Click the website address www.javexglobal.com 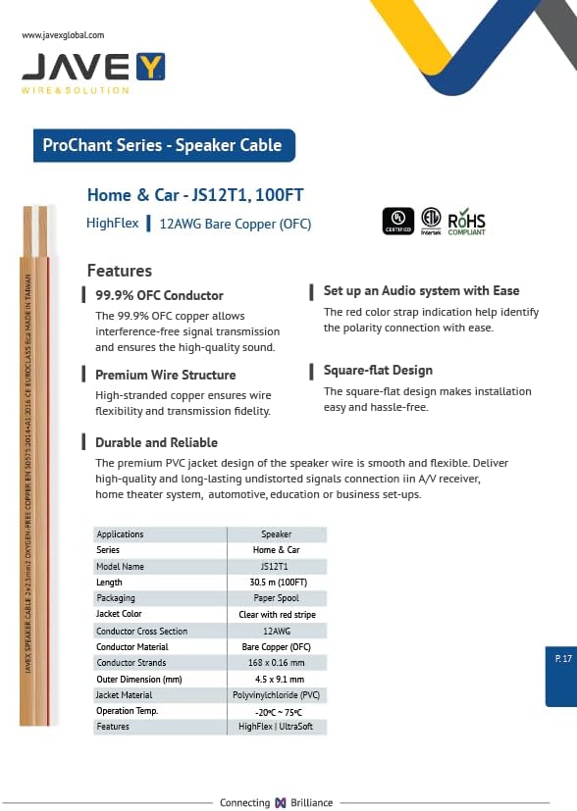[x=62, y=35]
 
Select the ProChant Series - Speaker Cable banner [x=162, y=145]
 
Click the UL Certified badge [x=398, y=222]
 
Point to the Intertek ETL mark [x=431, y=222]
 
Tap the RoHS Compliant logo [x=466, y=222]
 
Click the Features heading [x=120, y=271]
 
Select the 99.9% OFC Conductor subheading [x=159, y=295]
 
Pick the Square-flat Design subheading [x=378, y=370]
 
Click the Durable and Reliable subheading [x=156, y=442]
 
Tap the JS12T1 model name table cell [x=276, y=567]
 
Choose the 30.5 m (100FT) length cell [x=276, y=583]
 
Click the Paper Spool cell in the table [x=276, y=598]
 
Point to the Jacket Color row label [x=119, y=614]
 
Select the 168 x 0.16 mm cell [x=276, y=663]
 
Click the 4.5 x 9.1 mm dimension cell [x=276, y=679]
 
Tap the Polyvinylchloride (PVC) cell [x=276, y=694]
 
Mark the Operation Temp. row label [x=127, y=711]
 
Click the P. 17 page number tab [x=561, y=659]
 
